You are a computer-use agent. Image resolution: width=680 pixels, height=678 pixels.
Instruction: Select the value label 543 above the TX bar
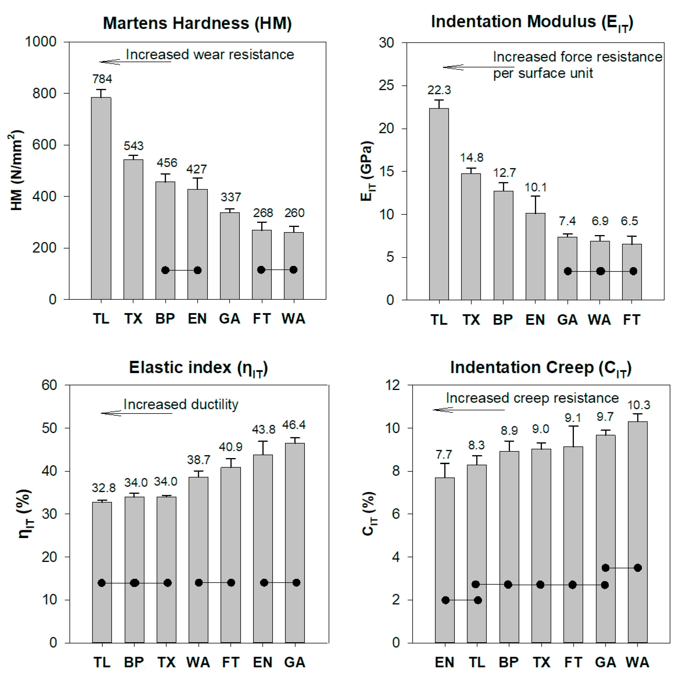point(133,146)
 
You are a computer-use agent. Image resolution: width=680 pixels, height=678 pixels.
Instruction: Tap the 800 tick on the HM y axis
point(44,94)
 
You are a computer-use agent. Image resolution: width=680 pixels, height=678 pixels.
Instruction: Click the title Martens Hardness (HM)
point(197,23)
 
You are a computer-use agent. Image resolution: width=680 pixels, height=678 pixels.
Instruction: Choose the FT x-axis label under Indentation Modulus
point(631,320)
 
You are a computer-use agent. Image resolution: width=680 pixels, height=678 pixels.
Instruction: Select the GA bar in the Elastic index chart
point(295,542)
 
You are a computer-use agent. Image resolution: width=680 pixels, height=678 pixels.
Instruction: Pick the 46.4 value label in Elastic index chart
point(294,425)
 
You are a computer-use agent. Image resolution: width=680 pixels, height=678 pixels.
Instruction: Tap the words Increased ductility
point(181,404)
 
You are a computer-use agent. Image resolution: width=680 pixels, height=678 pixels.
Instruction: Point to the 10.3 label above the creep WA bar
point(639,405)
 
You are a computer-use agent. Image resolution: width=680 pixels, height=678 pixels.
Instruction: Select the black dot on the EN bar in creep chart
point(446,600)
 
